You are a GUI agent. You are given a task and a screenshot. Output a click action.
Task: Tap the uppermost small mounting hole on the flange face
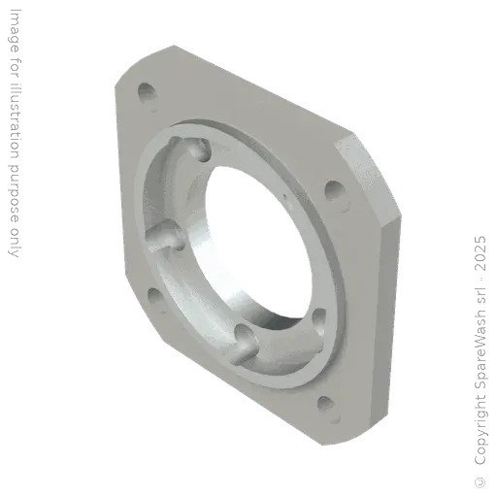coord(148,94)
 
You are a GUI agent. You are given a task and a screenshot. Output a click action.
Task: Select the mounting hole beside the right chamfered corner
coord(333,189)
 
